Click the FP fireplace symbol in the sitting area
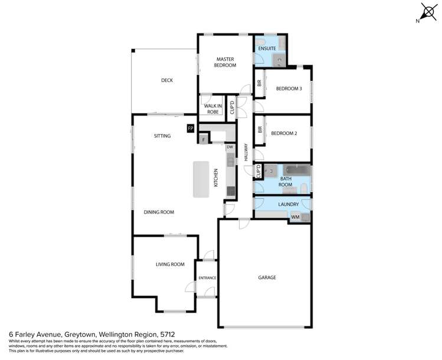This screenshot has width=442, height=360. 190,128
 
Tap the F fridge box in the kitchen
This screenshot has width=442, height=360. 204,140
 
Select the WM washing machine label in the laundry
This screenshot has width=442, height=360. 295,218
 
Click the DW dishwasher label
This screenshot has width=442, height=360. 230,147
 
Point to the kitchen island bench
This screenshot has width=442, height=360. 202,180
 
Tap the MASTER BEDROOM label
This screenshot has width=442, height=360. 225,62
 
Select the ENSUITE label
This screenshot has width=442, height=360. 267,47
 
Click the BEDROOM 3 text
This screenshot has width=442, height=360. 289,89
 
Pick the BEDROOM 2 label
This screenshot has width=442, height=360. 283,133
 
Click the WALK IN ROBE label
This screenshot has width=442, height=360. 212,109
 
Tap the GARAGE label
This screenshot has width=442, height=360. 267,277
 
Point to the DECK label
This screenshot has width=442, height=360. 167,80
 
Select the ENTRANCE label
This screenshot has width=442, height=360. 207,278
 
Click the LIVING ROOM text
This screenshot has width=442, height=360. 170,264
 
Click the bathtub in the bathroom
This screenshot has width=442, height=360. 293,171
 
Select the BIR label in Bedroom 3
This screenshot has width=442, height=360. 259,84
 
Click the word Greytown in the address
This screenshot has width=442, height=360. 88,333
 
